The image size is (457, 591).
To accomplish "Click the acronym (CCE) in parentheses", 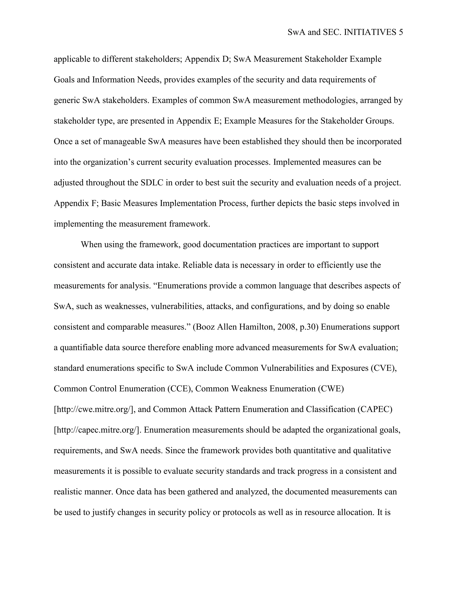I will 179,388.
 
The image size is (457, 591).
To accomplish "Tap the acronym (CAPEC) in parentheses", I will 375,409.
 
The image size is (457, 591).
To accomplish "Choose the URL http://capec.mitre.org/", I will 96,430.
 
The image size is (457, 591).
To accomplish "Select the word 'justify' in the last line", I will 104,512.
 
